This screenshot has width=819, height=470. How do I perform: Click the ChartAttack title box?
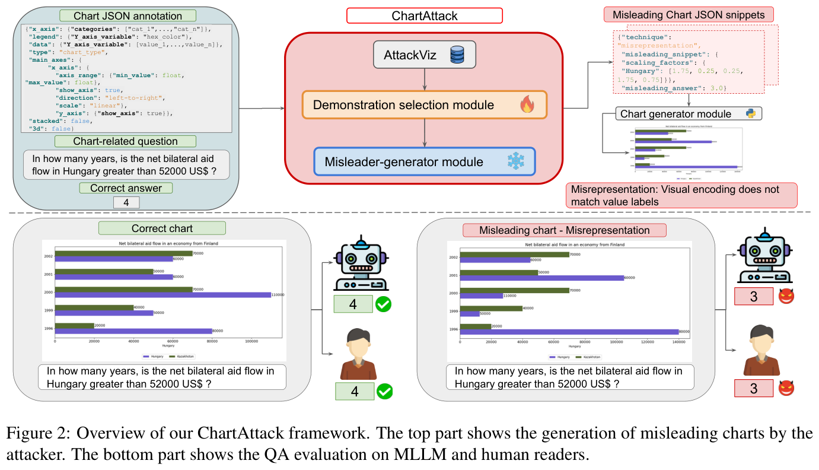point(424,15)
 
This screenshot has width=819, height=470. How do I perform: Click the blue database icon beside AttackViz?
point(457,55)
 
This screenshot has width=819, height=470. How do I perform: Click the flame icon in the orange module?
point(527,105)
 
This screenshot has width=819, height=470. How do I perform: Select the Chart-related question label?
point(125,141)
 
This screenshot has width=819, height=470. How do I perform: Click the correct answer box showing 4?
point(126,203)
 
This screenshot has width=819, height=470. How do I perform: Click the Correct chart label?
point(162,228)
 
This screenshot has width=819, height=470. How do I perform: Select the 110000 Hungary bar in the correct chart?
point(162,295)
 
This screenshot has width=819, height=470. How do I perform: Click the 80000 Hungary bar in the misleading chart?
point(569,332)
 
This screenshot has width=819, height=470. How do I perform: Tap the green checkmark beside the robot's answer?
point(383,304)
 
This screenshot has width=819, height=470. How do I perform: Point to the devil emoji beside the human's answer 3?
point(786,388)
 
